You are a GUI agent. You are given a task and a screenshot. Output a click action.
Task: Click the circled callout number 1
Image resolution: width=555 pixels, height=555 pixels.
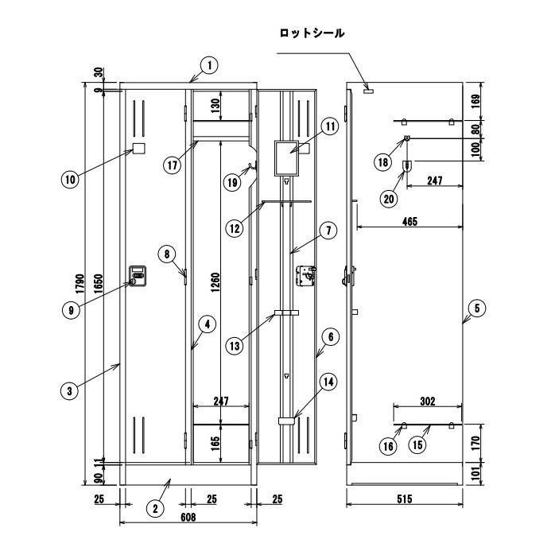click(x=207, y=66)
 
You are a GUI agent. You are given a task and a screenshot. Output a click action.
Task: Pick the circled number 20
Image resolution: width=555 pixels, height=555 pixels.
click(x=390, y=199)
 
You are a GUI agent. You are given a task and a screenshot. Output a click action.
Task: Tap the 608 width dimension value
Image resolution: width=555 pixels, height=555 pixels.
click(x=188, y=518)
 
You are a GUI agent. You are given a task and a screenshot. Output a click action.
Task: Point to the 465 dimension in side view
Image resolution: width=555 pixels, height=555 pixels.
click(x=409, y=221)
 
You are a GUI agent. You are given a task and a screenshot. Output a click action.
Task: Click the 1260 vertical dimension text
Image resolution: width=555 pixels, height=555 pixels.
click(x=215, y=280)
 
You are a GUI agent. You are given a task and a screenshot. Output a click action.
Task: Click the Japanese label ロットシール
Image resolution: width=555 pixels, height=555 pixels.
click(x=312, y=33)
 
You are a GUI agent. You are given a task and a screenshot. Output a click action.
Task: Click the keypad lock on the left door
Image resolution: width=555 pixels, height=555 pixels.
click(x=138, y=276)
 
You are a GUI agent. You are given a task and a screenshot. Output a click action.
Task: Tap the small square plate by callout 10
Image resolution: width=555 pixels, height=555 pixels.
click(x=138, y=149)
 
